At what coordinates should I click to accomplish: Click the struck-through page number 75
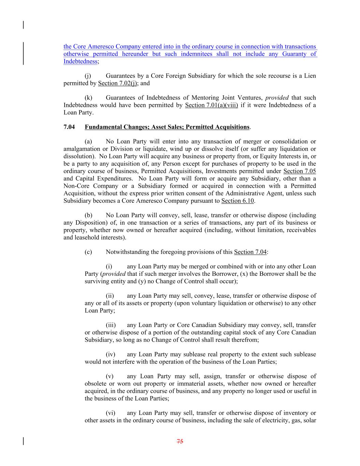coord(180,441)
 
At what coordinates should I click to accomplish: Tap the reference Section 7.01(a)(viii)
coord(211,105)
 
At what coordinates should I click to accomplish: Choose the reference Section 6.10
coord(237,201)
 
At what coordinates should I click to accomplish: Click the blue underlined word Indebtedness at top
coord(81,61)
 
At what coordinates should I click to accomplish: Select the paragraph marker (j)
coord(88,76)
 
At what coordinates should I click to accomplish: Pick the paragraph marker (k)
coord(88,98)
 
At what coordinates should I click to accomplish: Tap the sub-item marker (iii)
coord(111,325)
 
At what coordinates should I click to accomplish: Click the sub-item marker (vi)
coord(111,413)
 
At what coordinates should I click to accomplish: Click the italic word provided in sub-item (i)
coord(114,274)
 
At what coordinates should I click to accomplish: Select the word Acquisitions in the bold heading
coord(232,127)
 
